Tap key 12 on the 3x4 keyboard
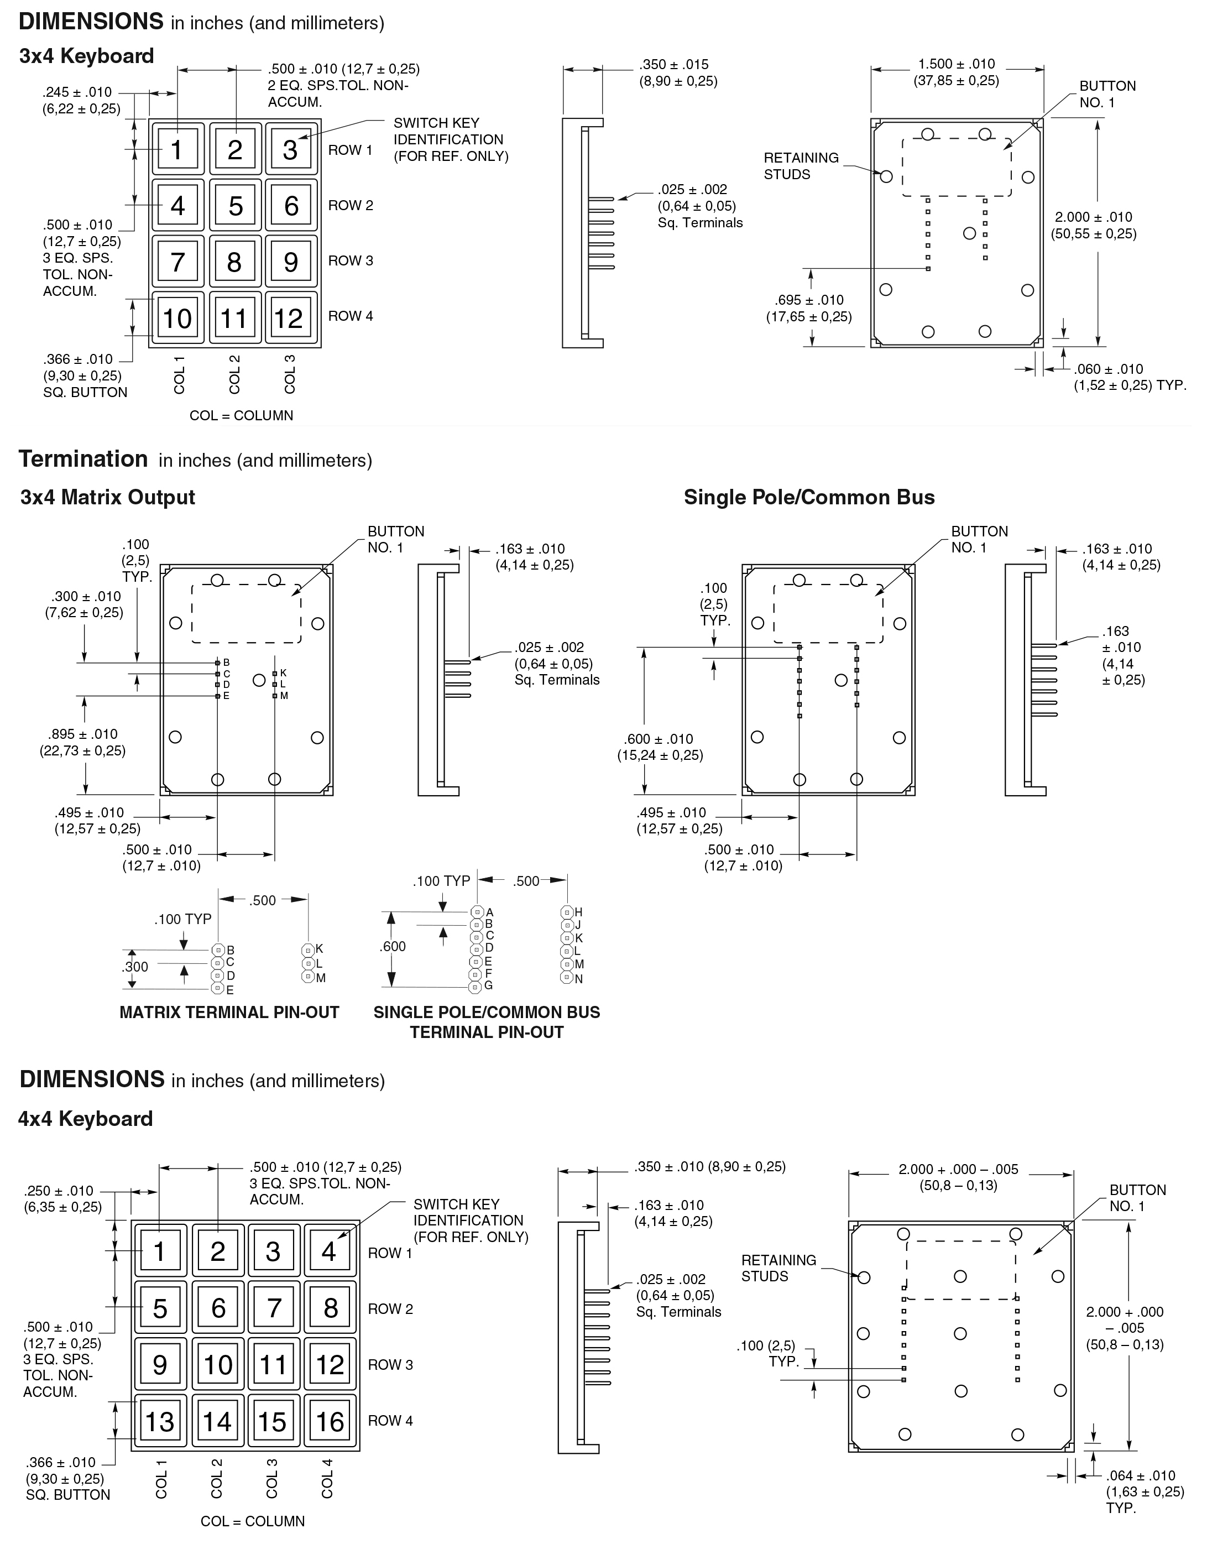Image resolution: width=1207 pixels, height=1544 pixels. point(289,318)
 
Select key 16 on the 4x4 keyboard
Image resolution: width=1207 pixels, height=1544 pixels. point(330,1421)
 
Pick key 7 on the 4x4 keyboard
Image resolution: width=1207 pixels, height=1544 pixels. point(274,1308)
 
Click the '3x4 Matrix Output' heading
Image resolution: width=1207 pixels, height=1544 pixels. point(107,498)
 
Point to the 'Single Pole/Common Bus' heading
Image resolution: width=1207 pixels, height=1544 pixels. point(808,498)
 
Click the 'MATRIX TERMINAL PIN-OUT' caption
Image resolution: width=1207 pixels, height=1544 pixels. point(229,1013)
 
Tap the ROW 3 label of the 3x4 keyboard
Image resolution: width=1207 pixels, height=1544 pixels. point(350,261)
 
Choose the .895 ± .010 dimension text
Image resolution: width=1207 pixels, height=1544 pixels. point(83,734)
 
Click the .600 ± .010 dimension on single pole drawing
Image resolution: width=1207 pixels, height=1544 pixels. point(659,739)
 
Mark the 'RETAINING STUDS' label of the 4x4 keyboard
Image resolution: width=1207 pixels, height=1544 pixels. point(778,1267)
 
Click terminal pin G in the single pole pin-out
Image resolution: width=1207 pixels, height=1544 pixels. point(477,986)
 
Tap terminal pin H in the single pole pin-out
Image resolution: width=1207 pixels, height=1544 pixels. point(567,912)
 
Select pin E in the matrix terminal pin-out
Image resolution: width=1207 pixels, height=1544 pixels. point(218,990)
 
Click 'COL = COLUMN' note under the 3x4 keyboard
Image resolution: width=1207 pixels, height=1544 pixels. point(241,416)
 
